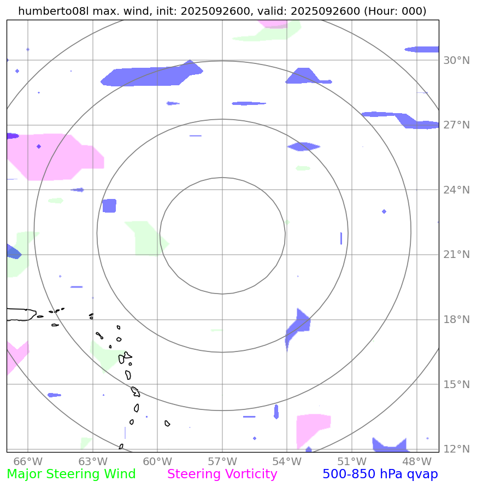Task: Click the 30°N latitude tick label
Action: (x=456, y=60)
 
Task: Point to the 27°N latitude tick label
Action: (x=456, y=125)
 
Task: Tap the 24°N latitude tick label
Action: (x=456, y=190)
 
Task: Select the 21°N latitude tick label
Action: (x=456, y=255)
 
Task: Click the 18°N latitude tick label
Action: (x=456, y=320)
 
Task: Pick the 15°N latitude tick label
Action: (x=456, y=384)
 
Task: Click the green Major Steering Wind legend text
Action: (x=71, y=474)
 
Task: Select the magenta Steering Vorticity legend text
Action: (x=222, y=474)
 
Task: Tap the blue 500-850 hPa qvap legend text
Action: (x=380, y=474)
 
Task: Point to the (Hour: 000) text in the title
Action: (x=395, y=11)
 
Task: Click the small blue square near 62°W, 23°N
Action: (x=109, y=206)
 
